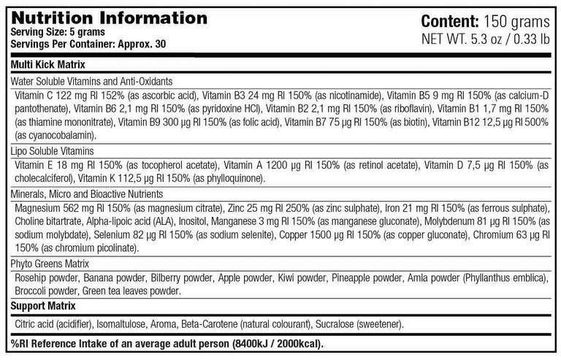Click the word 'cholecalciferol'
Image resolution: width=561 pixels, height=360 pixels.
click(44, 178)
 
